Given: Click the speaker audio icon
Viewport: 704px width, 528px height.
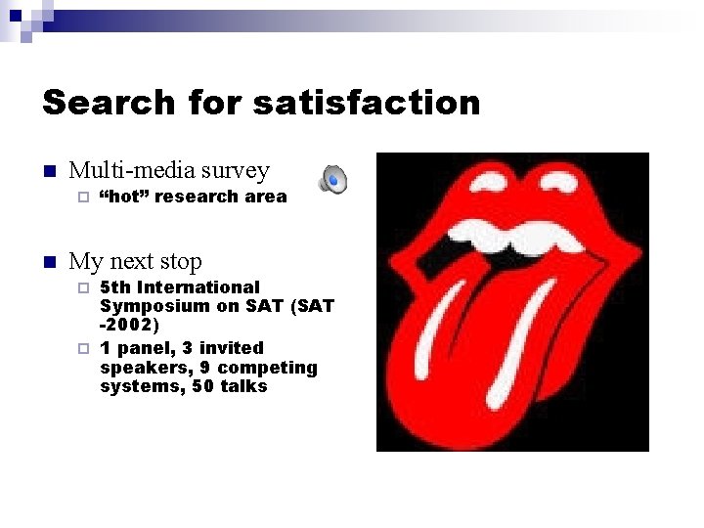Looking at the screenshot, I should [x=333, y=179].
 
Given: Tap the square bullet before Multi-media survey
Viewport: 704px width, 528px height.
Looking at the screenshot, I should [x=50, y=171].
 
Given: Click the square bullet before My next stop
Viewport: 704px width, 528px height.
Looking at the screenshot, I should [x=50, y=262].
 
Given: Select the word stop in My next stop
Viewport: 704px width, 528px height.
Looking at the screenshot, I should [x=181, y=262].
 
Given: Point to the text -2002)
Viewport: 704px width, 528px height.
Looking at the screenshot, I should [x=130, y=325].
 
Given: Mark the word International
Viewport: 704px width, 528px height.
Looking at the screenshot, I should [x=198, y=287].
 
